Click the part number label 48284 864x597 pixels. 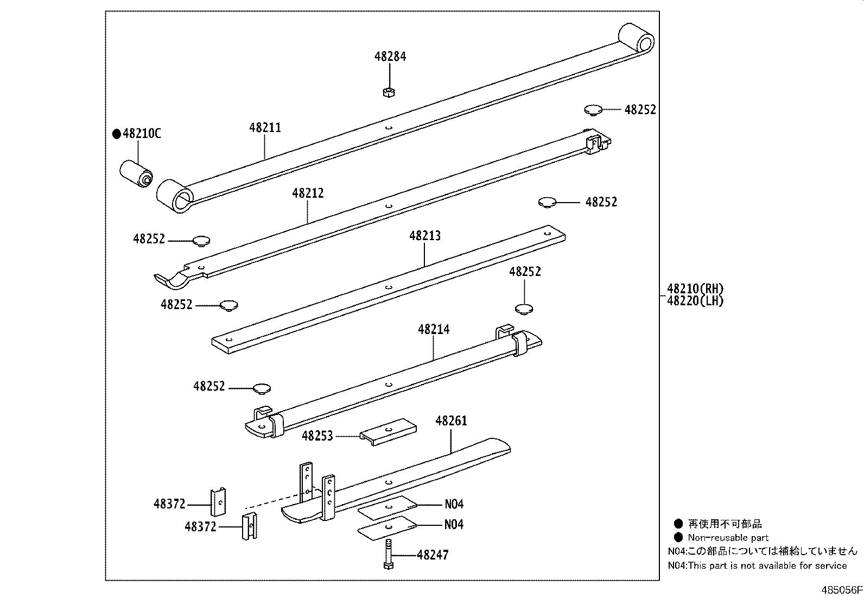tap(390, 56)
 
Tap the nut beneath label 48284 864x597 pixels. tap(388, 92)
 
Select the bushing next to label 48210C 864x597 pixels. tap(136, 173)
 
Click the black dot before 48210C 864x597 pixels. tap(116, 134)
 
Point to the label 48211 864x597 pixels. tap(265, 128)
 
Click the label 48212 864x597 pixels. tap(308, 193)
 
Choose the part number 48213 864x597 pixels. tap(425, 236)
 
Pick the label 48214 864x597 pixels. tap(434, 329)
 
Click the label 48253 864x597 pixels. tap(317, 436)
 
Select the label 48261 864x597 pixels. tap(451, 420)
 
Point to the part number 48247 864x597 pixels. tap(433, 555)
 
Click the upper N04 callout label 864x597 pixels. tap(454, 504)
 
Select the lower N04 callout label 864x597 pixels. tap(454, 525)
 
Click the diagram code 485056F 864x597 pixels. tap(841, 590)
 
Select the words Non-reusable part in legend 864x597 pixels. tap(728, 538)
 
